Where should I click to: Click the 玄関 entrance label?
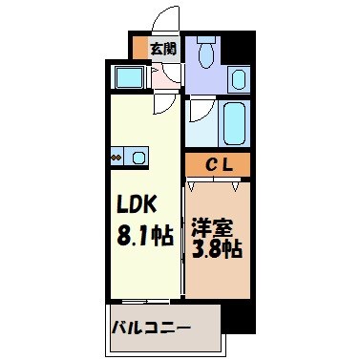(162, 48)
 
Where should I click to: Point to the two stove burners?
(116, 157)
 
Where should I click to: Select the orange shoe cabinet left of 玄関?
(140, 48)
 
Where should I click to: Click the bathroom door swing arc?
(199, 118)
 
